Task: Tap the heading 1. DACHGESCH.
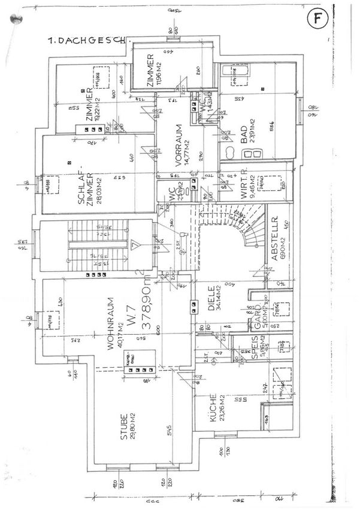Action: tap(87, 40)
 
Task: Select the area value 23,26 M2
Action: tap(221, 413)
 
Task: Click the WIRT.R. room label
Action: tap(244, 188)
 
